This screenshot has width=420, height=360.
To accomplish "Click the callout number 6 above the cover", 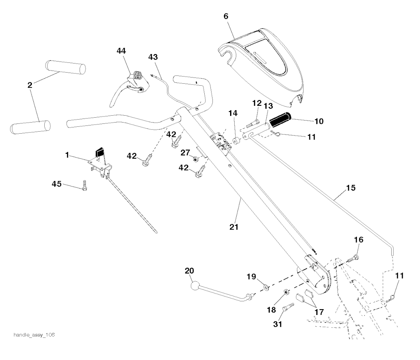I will tap(226, 16).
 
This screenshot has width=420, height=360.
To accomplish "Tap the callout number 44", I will tap(121, 51).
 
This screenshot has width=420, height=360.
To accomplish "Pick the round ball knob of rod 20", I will tap(195, 286).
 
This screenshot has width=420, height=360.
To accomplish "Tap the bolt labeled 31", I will tap(289, 307).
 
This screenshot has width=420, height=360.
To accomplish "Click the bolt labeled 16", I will tap(354, 258).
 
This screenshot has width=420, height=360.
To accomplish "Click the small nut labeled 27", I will tap(196, 159).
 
